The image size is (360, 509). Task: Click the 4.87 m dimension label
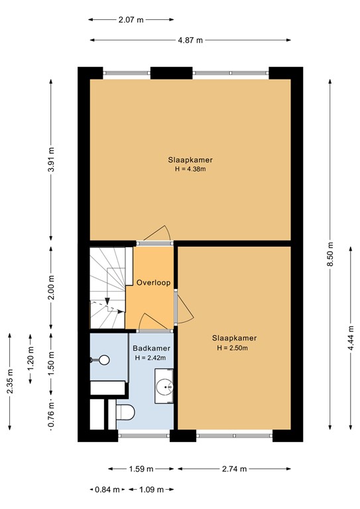point(190,40)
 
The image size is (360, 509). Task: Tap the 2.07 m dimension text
point(131,20)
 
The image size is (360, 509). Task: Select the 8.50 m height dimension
point(330,254)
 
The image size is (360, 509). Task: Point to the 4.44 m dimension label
point(351,338)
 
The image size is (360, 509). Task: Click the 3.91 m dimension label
point(51,160)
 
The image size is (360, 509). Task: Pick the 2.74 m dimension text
point(235,469)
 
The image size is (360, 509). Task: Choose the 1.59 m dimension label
point(141,469)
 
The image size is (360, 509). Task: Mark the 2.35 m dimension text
point(10,381)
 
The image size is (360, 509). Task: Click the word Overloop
point(153,282)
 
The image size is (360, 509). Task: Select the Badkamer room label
point(151,349)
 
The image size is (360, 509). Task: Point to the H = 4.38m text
point(190,169)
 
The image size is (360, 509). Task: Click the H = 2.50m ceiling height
point(233,348)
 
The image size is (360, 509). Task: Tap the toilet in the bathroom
point(125,412)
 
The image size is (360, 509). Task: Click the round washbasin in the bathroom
point(164,387)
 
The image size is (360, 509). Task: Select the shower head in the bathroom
point(104,360)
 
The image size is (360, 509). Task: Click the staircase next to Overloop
point(107,288)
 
